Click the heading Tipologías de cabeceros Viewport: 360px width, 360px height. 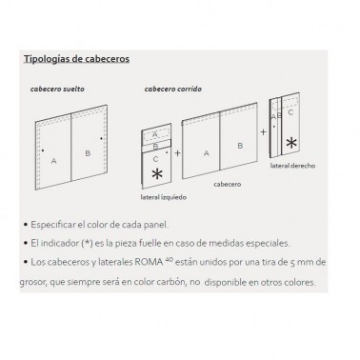[76, 59]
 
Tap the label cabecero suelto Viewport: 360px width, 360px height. [57, 89]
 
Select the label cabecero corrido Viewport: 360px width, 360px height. [173, 89]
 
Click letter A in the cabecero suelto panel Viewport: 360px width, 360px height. [54, 161]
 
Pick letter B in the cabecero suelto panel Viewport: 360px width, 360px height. [88, 153]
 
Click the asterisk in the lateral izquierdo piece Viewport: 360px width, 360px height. [157, 173]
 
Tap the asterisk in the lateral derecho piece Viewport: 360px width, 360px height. [291, 143]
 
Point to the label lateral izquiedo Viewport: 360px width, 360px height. [164, 197]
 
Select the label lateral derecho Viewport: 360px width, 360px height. [292, 166]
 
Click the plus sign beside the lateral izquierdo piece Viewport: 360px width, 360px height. [177, 153]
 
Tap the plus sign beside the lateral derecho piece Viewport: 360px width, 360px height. [263, 131]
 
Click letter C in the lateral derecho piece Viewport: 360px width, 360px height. [290, 112]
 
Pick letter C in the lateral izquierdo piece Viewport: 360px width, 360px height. [155, 159]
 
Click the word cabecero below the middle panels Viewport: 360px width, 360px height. [228, 184]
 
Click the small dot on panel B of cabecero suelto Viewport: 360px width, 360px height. [101, 138]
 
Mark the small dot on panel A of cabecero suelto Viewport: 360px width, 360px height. [43, 150]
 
